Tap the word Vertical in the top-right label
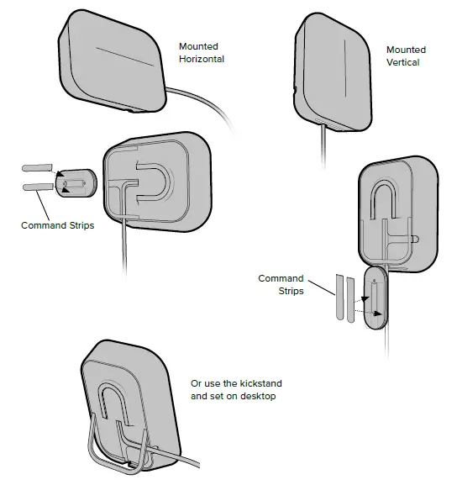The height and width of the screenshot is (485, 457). pyautogui.click(x=402, y=63)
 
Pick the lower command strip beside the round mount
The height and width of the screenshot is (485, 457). pyautogui.click(x=38, y=187)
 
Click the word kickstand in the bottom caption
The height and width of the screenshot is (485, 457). pyautogui.click(x=251, y=383)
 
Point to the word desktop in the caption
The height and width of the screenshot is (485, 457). pyautogui.click(x=262, y=395)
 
